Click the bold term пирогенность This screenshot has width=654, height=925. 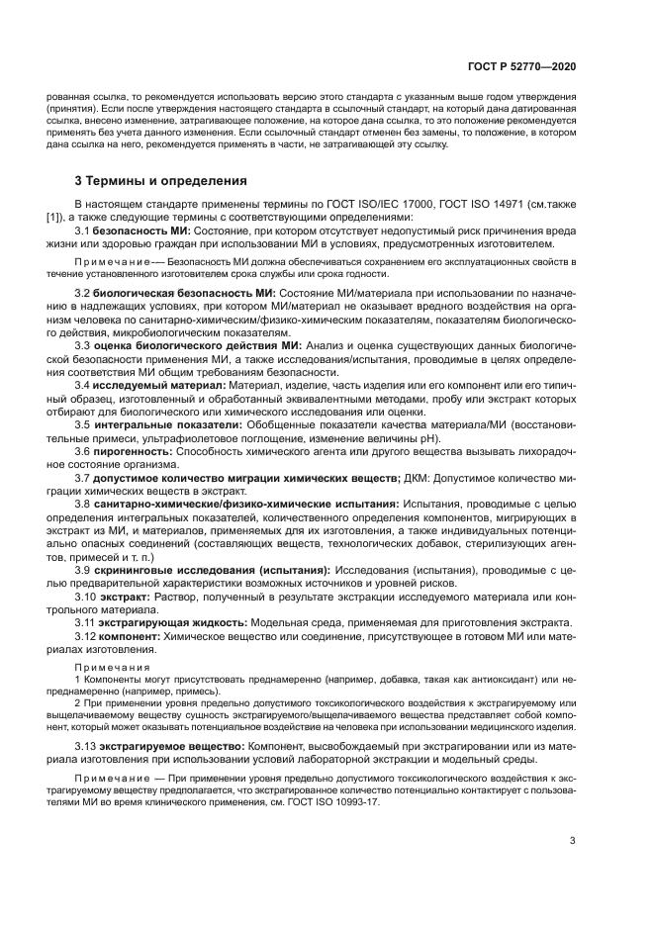[x=134, y=450]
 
